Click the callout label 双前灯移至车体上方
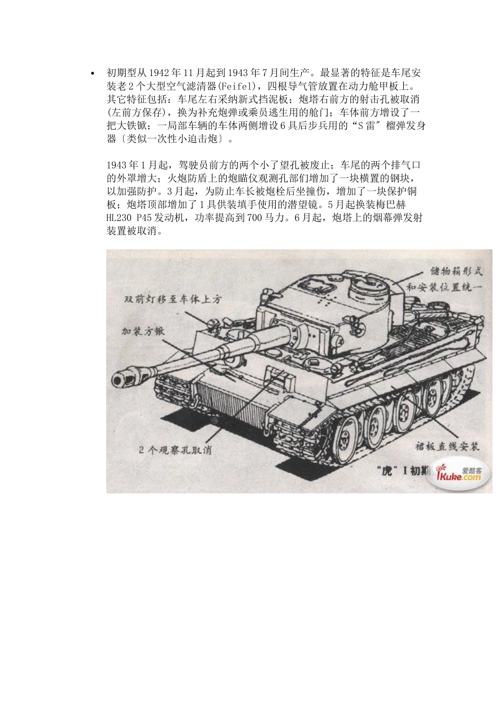pyautogui.click(x=172, y=299)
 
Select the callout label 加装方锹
pyautogui.click(x=143, y=331)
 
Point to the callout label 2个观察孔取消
pyautogui.click(x=175, y=450)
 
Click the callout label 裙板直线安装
pyautogui.click(x=447, y=446)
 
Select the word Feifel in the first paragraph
pyautogui.click(x=239, y=86)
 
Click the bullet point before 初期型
pyautogui.click(x=93, y=73)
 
